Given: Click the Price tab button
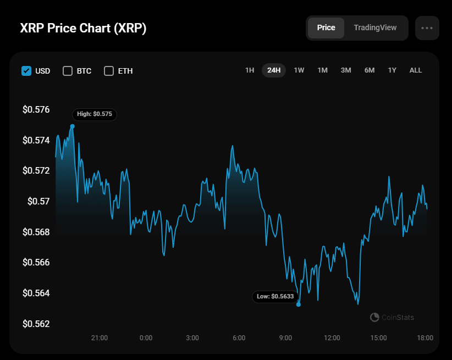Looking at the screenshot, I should pyautogui.click(x=326, y=27).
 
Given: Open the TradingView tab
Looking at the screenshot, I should pyautogui.click(x=375, y=27).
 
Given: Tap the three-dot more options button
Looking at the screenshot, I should pyautogui.click(x=427, y=28).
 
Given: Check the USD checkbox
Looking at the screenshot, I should pyautogui.click(x=26, y=70).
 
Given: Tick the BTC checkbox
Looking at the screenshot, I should pyautogui.click(x=68, y=70).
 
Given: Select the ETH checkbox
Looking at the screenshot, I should pyautogui.click(x=109, y=70).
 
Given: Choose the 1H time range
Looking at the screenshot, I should pyautogui.click(x=250, y=70).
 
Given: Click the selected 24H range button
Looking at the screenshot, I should pyautogui.click(x=274, y=70).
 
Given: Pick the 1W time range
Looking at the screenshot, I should pyautogui.click(x=299, y=70).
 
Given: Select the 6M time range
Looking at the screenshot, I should pyautogui.click(x=370, y=70).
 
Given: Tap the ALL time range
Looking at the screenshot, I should pyautogui.click(x=416, y=70).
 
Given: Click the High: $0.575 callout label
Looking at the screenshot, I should pyautogui.click(x=95, y=114).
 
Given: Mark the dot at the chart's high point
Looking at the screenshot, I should pyautogui.click(x=73, y=126).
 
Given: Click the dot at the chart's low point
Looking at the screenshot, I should pyautogui.click(x=299, y=304).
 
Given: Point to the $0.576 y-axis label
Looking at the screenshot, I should pyautogui.click(x=36, y=109).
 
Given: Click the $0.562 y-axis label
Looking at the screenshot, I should pyautogui.click(x=36, y=324).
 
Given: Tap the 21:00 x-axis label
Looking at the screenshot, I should pyautogui.click(x=100, y=337).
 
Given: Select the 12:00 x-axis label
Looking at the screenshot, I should pyautogui.click(x=332, y=337).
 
